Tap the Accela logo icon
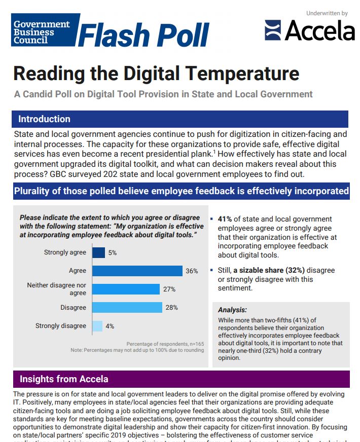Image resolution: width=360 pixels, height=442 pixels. click(x=272, y=30)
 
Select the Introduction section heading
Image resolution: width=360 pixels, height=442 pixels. click(x=44, y=119)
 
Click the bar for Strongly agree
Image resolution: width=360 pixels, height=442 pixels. click(x=99, y=252)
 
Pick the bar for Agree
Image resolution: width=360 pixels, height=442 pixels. click(x=137, y=271)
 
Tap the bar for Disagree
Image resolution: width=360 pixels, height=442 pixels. click(x=127, y=307)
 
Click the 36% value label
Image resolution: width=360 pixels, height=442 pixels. click(x=192, y=271)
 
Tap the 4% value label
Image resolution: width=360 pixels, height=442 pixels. click(x=110, y=326)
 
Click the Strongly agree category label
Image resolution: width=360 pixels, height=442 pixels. click(x=65, y=252)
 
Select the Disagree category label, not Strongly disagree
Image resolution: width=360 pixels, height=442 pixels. click(x=74, y=307)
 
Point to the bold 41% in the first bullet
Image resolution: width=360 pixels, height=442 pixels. click(x=225, y=219)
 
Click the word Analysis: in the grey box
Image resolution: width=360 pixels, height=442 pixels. click(x=232, y=310)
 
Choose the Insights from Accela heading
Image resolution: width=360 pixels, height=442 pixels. click(x=63, y=379)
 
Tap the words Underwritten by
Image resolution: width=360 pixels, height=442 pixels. click(x=327, y=13)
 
